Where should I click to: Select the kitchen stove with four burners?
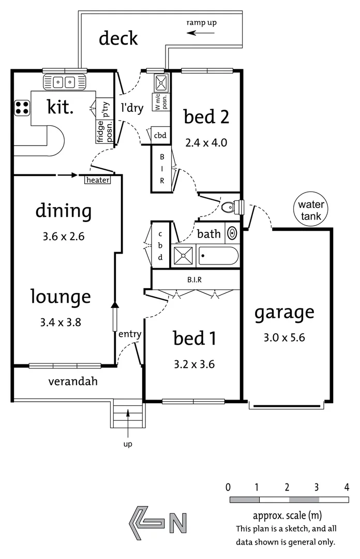tap(22, 108)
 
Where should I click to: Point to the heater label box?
tap(98, 180)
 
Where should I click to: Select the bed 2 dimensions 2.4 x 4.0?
tap(206, 142)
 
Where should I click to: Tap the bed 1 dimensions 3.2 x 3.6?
tap(194, 364)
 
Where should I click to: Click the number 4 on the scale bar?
tap(347, 488)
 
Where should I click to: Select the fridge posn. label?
tap(99, 130)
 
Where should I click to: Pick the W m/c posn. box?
tap(159, 102)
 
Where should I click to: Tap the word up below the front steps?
tap(128, 444)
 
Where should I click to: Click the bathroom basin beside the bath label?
tap(233, 234)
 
